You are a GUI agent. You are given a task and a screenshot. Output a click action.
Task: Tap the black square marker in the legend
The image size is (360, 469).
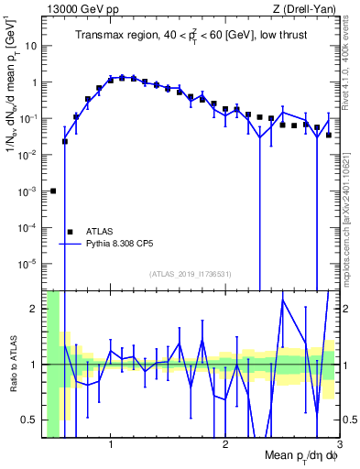(x=71, y=233)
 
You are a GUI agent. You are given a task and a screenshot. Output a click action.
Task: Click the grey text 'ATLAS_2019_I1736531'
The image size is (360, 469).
(x=190, y=273)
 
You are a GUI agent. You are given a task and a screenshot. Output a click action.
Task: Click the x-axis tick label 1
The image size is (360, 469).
(x=111, y=445)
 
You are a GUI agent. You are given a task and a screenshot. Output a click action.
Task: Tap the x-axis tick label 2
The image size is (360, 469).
(x=225, y=445)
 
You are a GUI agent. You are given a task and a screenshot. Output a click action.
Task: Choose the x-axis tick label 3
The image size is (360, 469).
(x=339, y=445)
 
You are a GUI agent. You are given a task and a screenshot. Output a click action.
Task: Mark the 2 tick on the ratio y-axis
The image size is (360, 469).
(x=37, y=309)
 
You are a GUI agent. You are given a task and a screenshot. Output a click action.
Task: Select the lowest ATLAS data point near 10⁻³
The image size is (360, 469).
(x=53, y=191)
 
